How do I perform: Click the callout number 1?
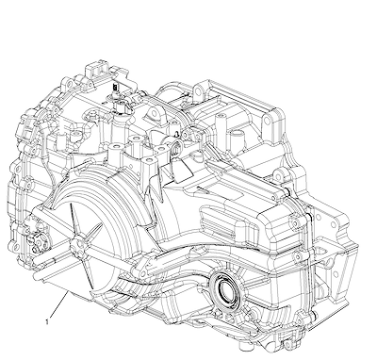coord(47,321)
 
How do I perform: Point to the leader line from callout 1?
coord(58,305)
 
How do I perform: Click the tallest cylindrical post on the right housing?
coord(220,125)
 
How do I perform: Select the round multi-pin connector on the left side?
coord(37,239)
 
